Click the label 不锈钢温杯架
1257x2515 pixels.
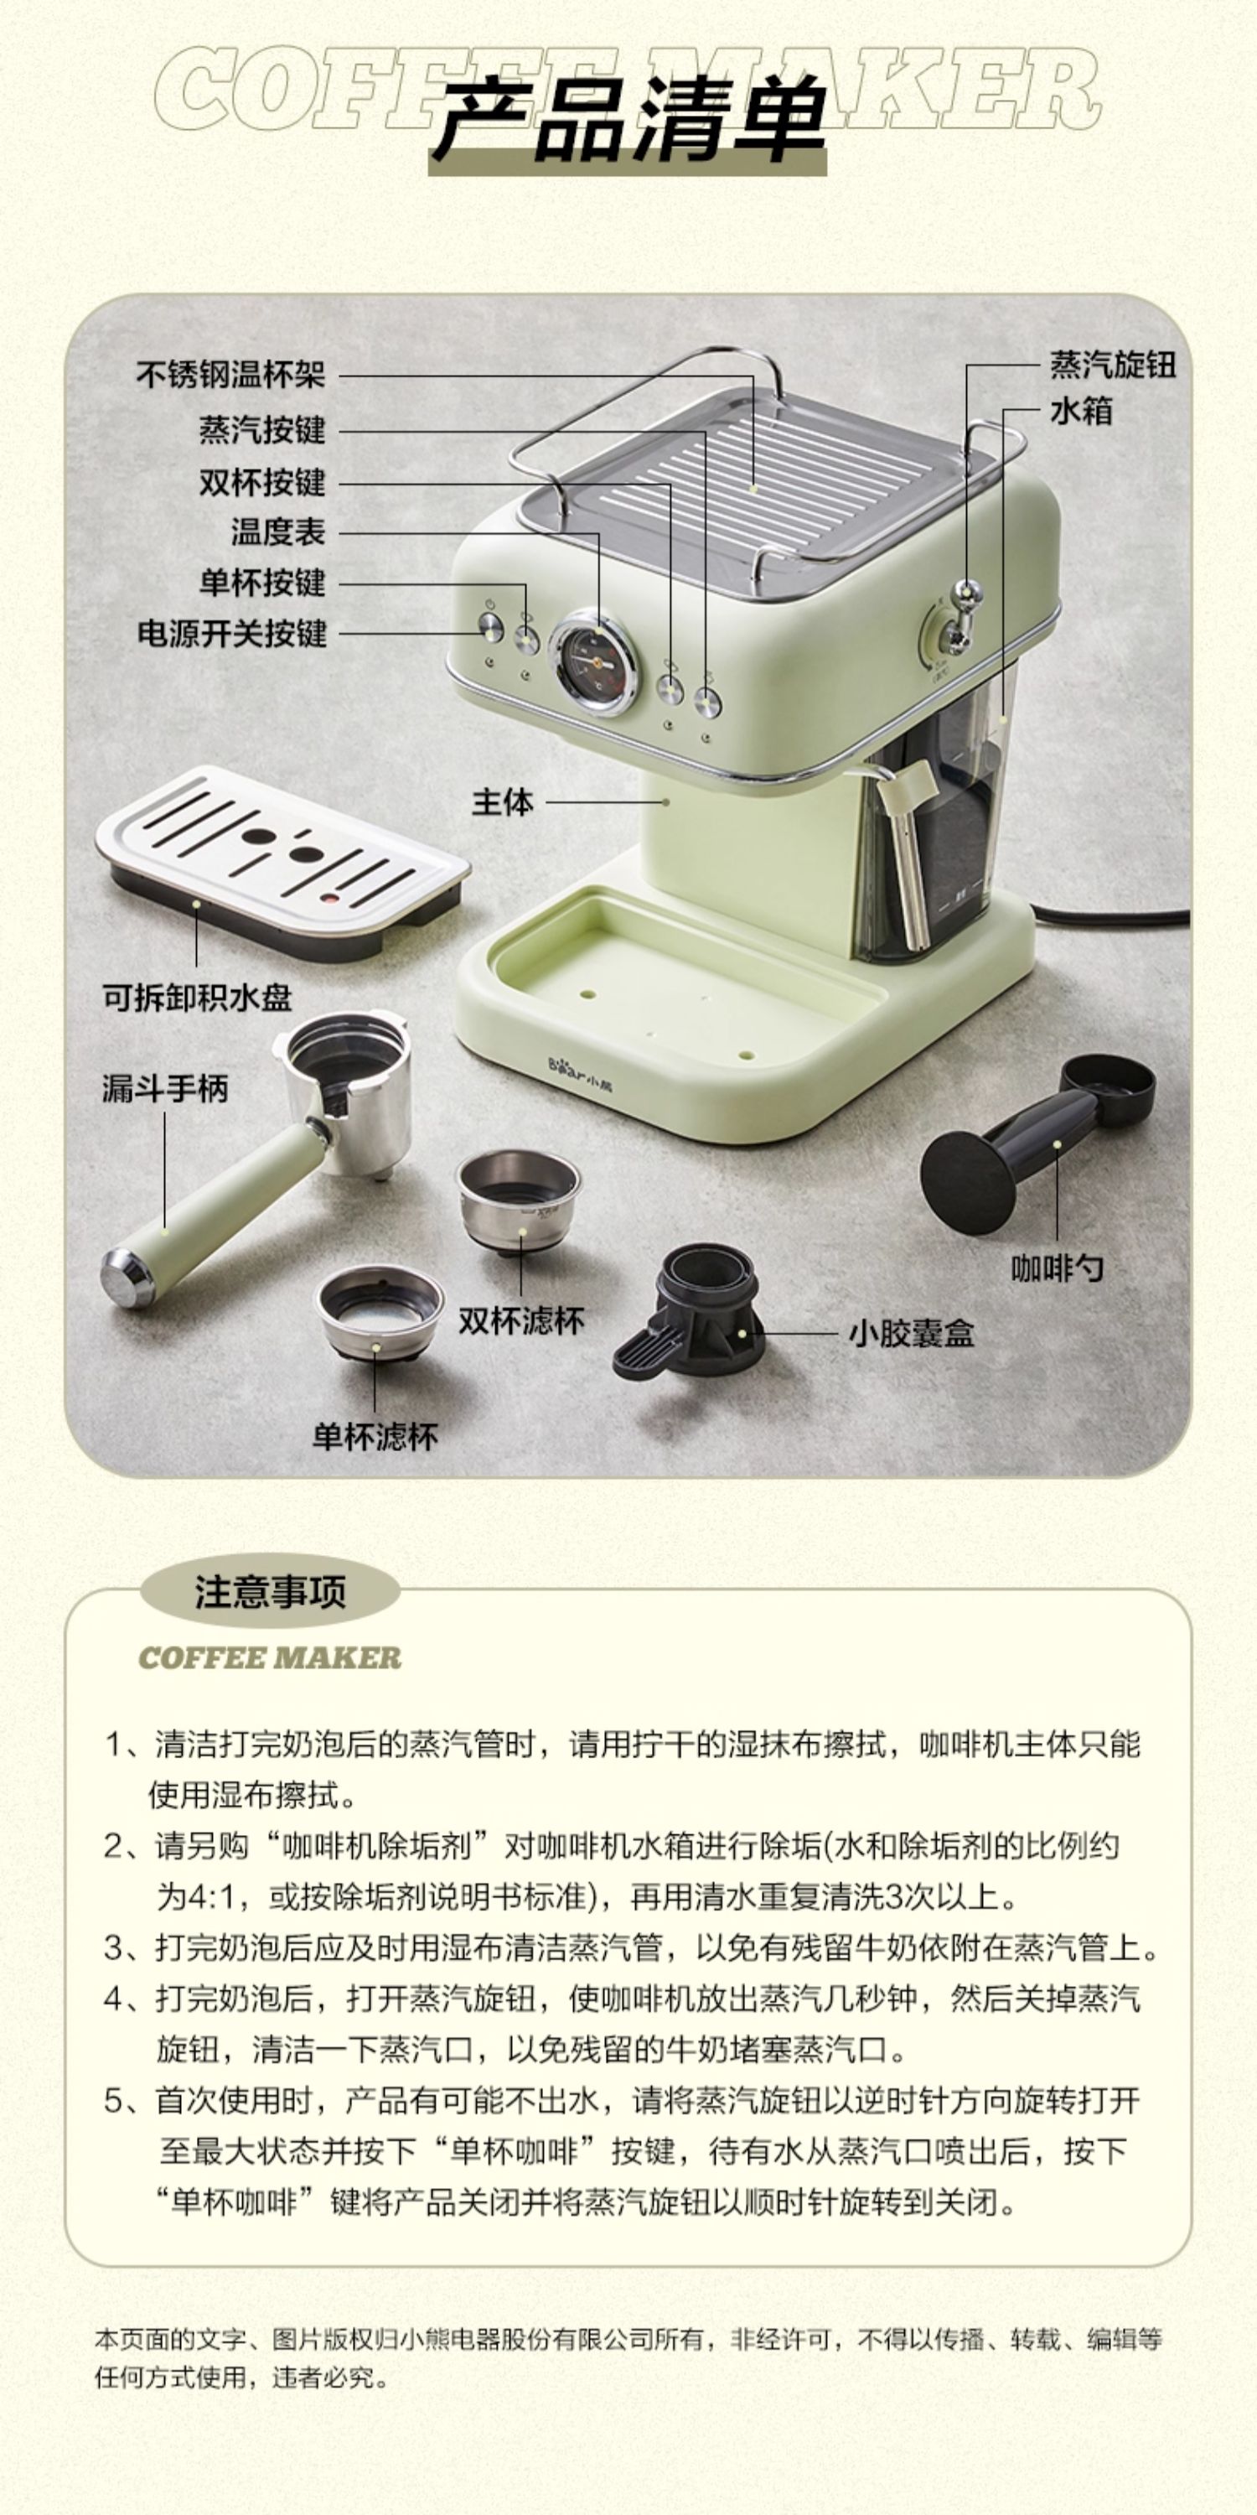(230, 374)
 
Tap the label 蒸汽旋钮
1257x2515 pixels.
(1113, 366)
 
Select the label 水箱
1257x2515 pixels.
(1081, 410)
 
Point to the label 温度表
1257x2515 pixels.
(278, 532)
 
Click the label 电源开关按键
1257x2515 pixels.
(231, 634)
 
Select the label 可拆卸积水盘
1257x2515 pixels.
(197, 997)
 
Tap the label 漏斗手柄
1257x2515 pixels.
(165, 1089)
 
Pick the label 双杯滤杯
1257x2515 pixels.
(521, 1321)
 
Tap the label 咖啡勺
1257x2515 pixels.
(1057, 1268)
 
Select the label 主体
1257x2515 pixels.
(503, 801)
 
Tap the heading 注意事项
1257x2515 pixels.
(271, 1591)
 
